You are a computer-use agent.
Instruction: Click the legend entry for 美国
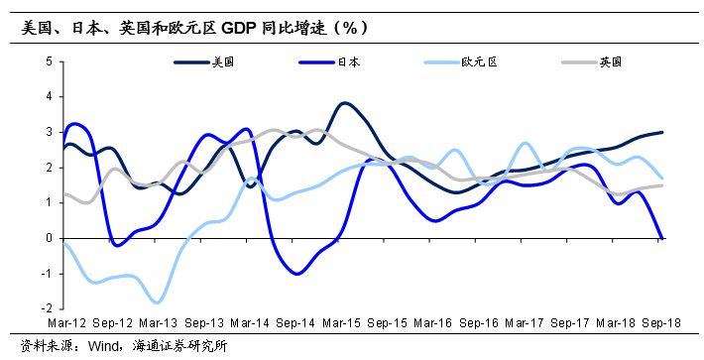point(223,61)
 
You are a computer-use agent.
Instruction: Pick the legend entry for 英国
point(610,61)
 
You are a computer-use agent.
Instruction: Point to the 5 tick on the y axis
point(48,61)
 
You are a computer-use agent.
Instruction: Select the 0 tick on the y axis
point(48,239)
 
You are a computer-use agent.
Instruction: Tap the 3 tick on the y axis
point(48,132)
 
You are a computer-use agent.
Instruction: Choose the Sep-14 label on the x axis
point(294,323)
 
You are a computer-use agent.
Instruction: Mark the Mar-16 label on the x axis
point(432,323)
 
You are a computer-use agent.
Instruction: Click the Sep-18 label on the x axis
point(662,323)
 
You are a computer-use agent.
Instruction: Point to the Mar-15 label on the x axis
point(341,323)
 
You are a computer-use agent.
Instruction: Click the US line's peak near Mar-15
point(344,103)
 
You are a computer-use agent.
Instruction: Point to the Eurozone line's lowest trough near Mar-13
point(157,302)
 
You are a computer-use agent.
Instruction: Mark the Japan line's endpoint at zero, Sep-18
point(662,238)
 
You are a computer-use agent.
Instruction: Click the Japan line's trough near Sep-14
point(297,273)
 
